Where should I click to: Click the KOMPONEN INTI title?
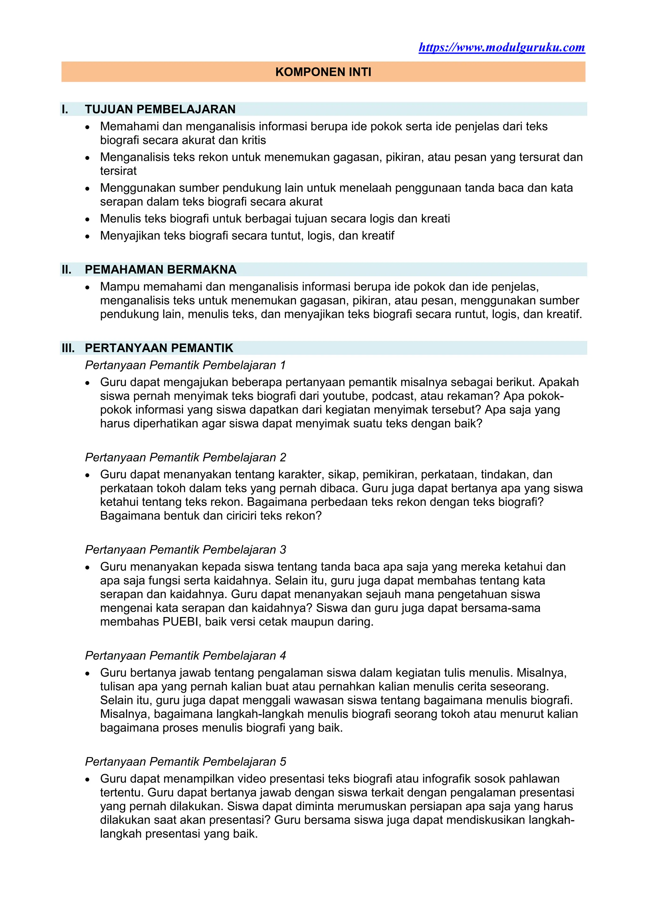(323, 72)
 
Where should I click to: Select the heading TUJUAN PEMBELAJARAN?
(160, 109)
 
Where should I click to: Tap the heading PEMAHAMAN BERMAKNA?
(160, 270)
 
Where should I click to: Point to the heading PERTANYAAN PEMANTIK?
(159, 348)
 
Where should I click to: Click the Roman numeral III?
(68, 348)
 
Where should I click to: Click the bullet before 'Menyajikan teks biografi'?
(88, 236)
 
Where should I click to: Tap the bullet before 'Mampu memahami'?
(88, 287)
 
